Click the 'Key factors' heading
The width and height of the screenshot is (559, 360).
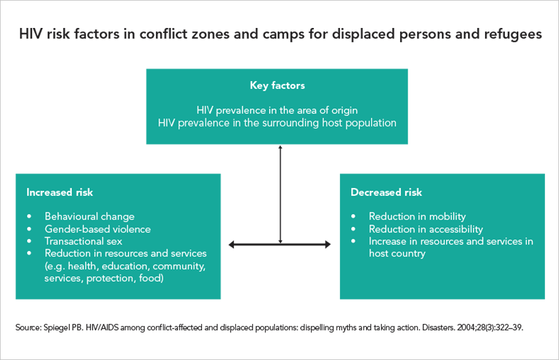coord(277,86)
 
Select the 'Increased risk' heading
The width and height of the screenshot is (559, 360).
coord(59,192)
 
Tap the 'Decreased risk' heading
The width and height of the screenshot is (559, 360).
coord(386,192)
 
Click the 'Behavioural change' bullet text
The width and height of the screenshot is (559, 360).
coord(90,217)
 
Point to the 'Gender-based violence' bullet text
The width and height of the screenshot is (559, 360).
coord(98,229)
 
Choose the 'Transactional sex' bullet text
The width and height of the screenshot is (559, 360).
coord(84,241)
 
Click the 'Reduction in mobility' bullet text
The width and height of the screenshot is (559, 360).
coord(418,217)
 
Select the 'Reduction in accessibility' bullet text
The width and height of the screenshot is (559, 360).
coord(426,229)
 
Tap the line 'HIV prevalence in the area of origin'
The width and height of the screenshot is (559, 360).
coord(277,110)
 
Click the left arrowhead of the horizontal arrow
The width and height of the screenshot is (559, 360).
coord(232,245)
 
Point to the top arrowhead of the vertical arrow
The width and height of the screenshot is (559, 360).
coord(281,147)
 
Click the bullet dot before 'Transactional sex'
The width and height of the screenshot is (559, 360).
coord(29,241)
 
